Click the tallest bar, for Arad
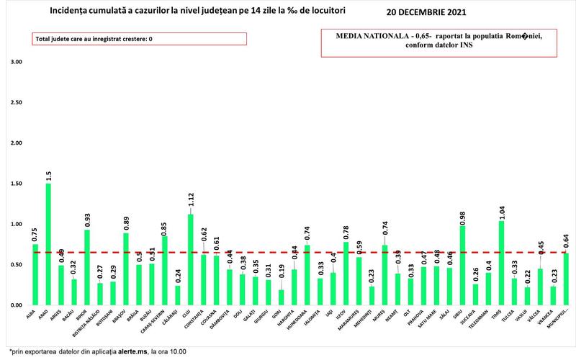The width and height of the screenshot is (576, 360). pos(48,245)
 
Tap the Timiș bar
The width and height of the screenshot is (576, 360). pos(500,264)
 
